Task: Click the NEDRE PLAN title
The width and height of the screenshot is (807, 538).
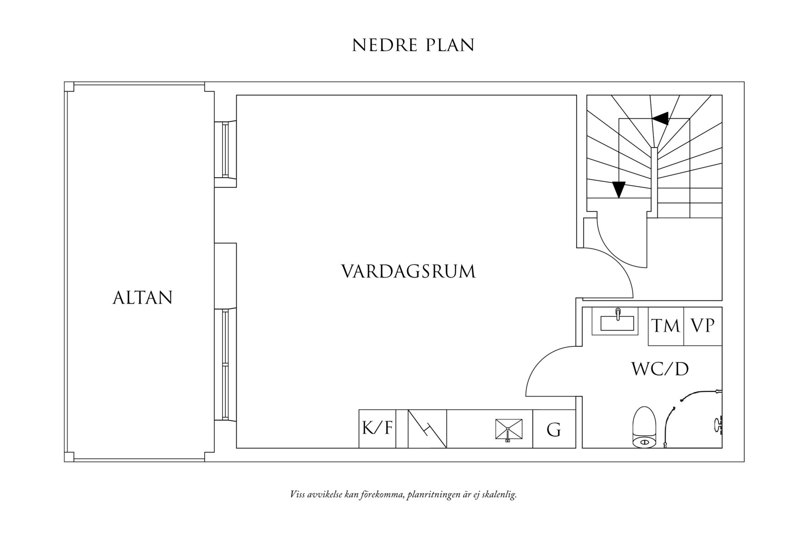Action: (x=413, y=45)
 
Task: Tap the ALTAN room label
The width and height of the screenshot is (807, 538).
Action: (x=142, y=298)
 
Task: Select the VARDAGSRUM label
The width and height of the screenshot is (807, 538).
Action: (x=408, y=271)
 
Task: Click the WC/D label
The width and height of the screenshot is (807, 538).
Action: (x=660, y=369)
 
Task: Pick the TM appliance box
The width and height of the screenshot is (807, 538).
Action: (x=666, y=326)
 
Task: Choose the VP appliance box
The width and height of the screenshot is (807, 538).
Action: (x=702, y=326)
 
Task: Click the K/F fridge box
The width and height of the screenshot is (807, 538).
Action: (x=377, y=428)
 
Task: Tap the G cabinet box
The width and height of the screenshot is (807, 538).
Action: (x=554, y=429)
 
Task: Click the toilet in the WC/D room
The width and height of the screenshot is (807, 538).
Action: (x=644, y=428)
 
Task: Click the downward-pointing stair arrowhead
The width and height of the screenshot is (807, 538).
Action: (x=618, y=189)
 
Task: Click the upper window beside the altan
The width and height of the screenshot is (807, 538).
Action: (x=225, y=150)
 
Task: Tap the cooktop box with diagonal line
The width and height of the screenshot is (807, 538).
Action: (x=427, y=429)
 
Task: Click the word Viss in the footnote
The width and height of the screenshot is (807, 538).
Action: (x=297, y=494)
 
